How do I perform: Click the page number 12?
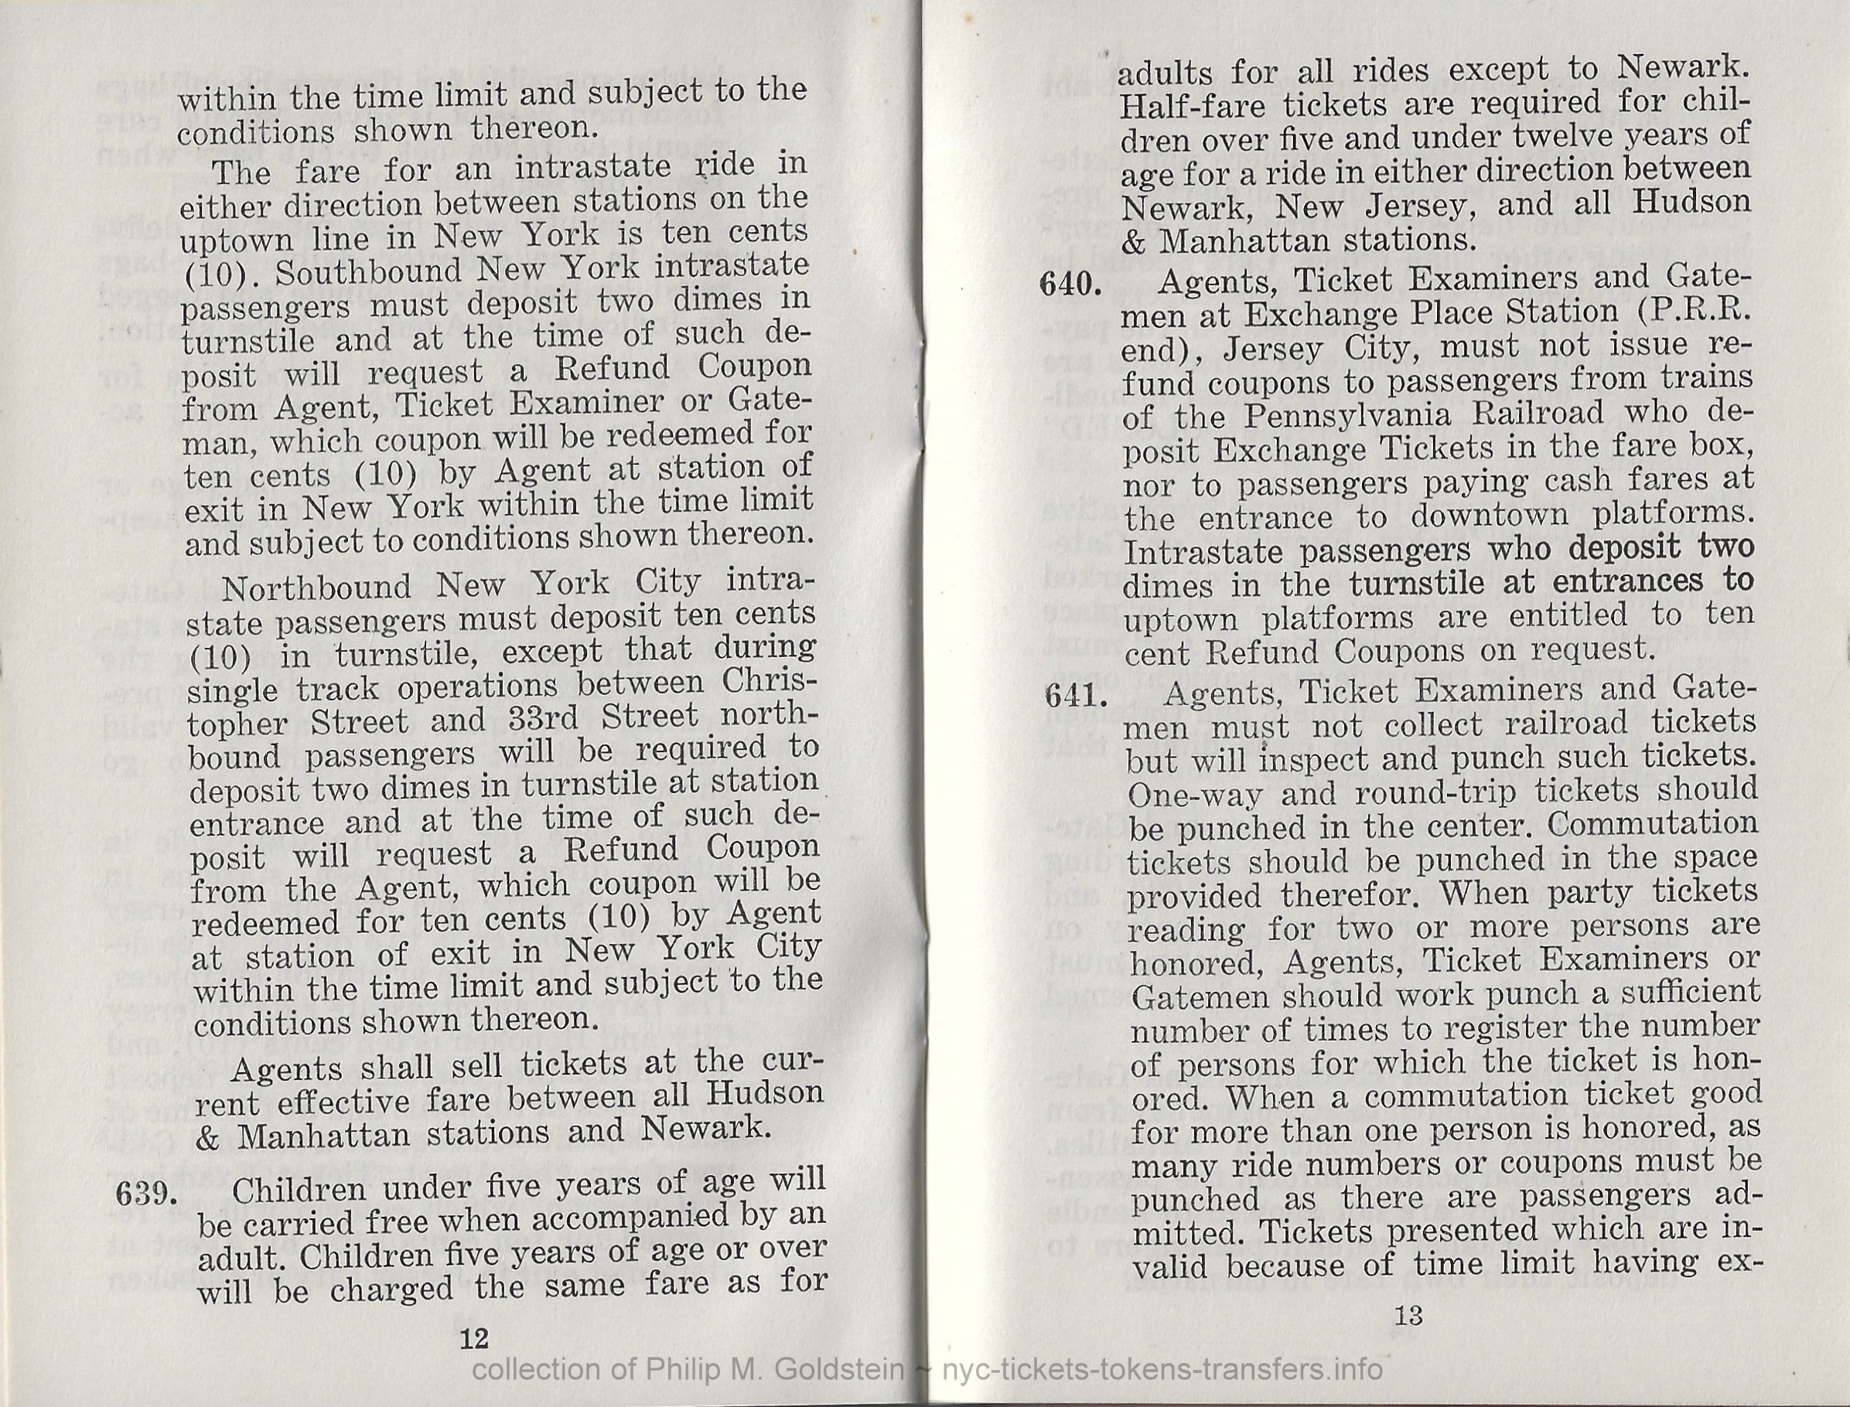(474, 1338)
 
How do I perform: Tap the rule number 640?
(1070, 284)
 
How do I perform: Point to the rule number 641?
(1073, 695)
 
